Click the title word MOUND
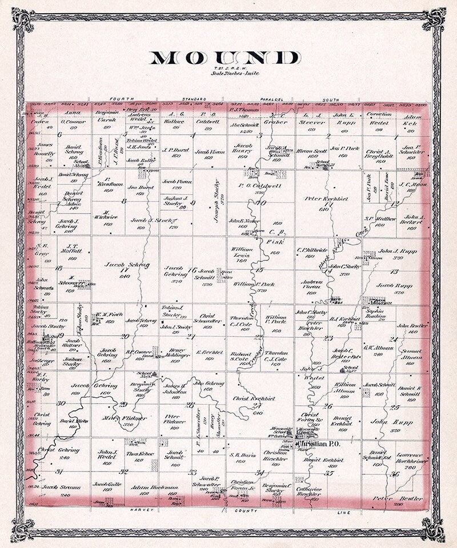tap(225, 58)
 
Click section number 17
tap(123, 271)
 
